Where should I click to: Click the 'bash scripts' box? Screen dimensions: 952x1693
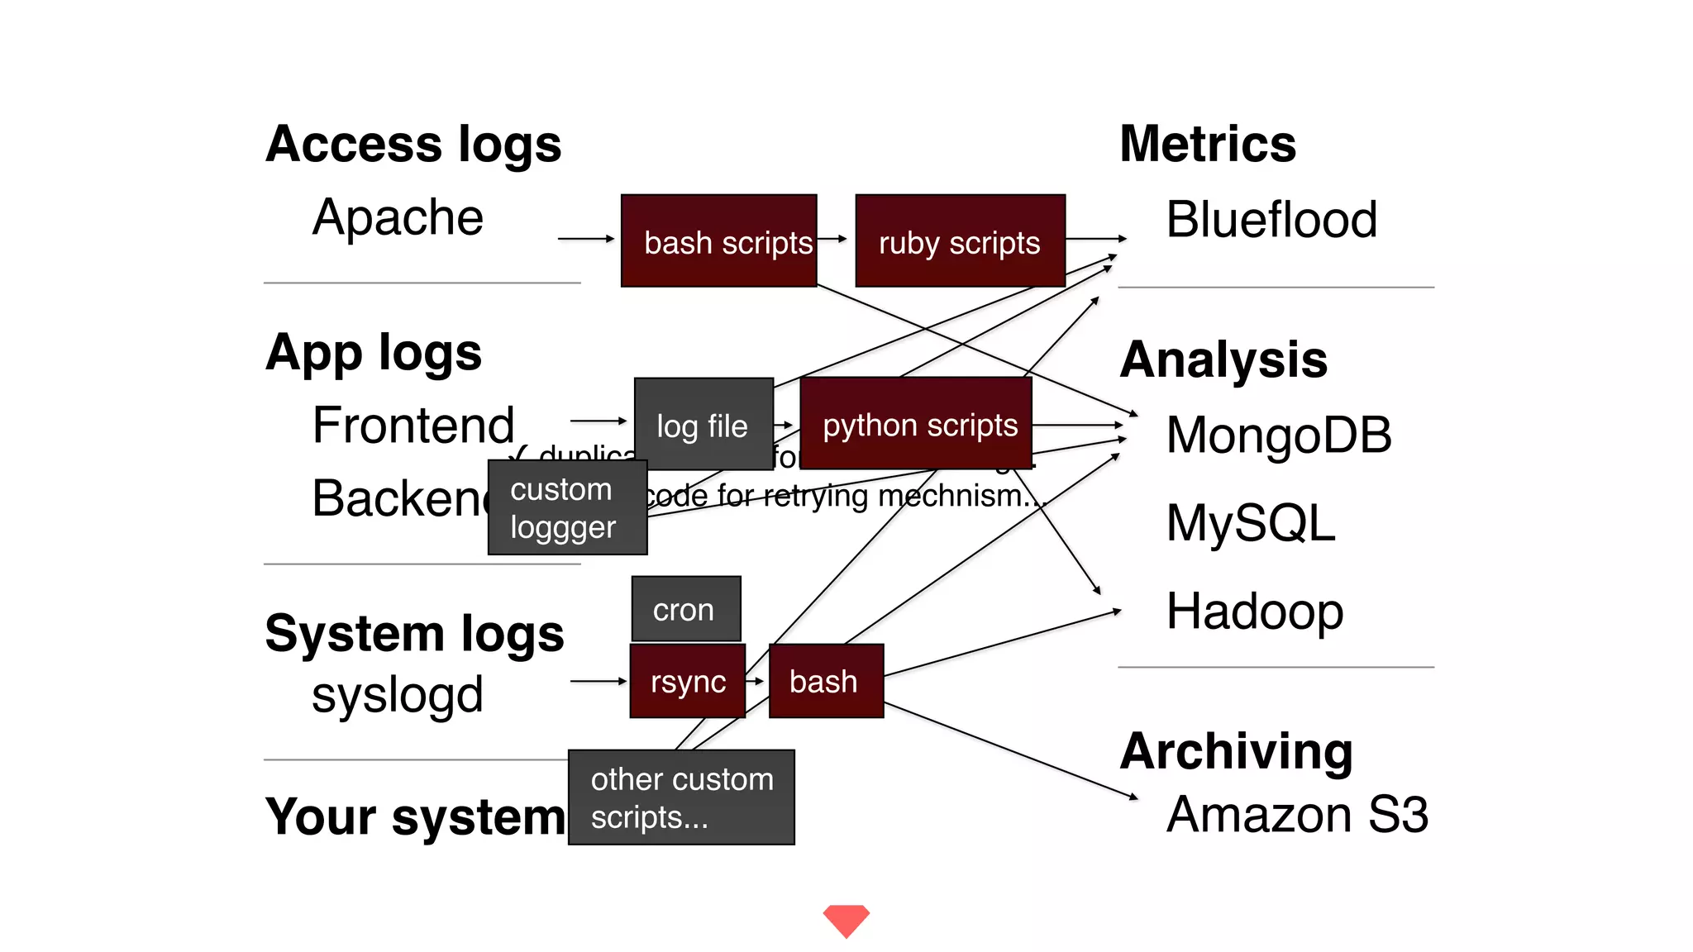718,241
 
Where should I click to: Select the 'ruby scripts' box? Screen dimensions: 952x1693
960,241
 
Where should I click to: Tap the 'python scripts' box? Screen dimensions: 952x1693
916,424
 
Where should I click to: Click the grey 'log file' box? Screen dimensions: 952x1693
703,425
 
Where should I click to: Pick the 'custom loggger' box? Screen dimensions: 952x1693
567,507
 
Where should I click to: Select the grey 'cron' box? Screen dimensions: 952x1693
685,609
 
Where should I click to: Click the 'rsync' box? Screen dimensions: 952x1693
687,681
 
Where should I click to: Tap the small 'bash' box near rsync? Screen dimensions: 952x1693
825,681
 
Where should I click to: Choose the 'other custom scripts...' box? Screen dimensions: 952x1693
681,797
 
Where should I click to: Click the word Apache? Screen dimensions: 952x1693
398,217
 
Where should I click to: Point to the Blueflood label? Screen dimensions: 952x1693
1271,220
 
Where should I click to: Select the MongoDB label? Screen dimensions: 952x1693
1278,435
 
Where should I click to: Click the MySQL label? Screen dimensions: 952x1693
1250,522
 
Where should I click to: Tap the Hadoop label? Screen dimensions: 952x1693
1254,612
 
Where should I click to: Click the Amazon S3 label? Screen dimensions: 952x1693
1296,814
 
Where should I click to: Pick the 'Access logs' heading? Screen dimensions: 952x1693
413,145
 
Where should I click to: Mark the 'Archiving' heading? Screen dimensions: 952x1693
1236,751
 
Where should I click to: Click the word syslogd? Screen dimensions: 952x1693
398,694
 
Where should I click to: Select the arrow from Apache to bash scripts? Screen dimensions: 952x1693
585,239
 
